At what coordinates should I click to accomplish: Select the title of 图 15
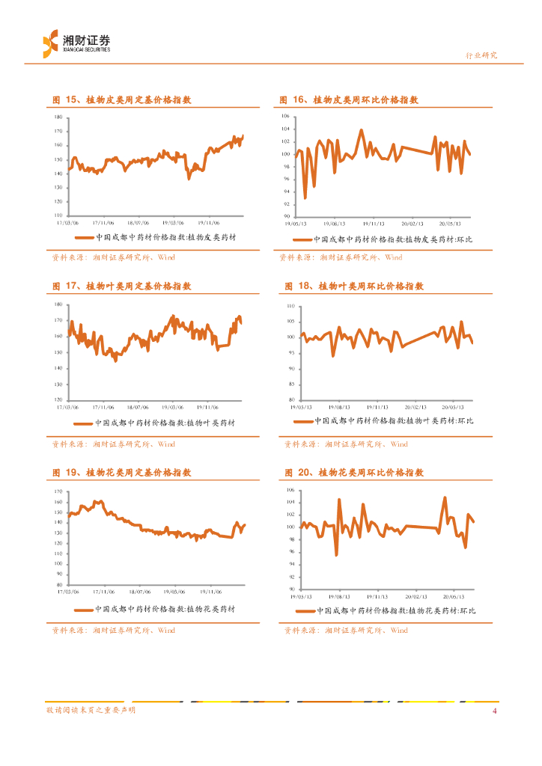point(121,99)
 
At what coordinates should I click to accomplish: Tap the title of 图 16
point(349,99)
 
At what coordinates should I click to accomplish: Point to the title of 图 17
point(121,286)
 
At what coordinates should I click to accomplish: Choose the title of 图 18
point(354,286)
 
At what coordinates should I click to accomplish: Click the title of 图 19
point(121,473)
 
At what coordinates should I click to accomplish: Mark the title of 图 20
point(354,473)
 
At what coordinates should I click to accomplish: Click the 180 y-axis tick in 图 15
point(58,118)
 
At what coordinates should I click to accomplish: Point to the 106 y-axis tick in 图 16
point(284,117)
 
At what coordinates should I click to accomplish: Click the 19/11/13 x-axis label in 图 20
point(377,596)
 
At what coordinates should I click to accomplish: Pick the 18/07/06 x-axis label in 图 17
point(139,407)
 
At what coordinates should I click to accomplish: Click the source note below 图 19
point(113,631)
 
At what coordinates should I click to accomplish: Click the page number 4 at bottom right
point(494,711)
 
